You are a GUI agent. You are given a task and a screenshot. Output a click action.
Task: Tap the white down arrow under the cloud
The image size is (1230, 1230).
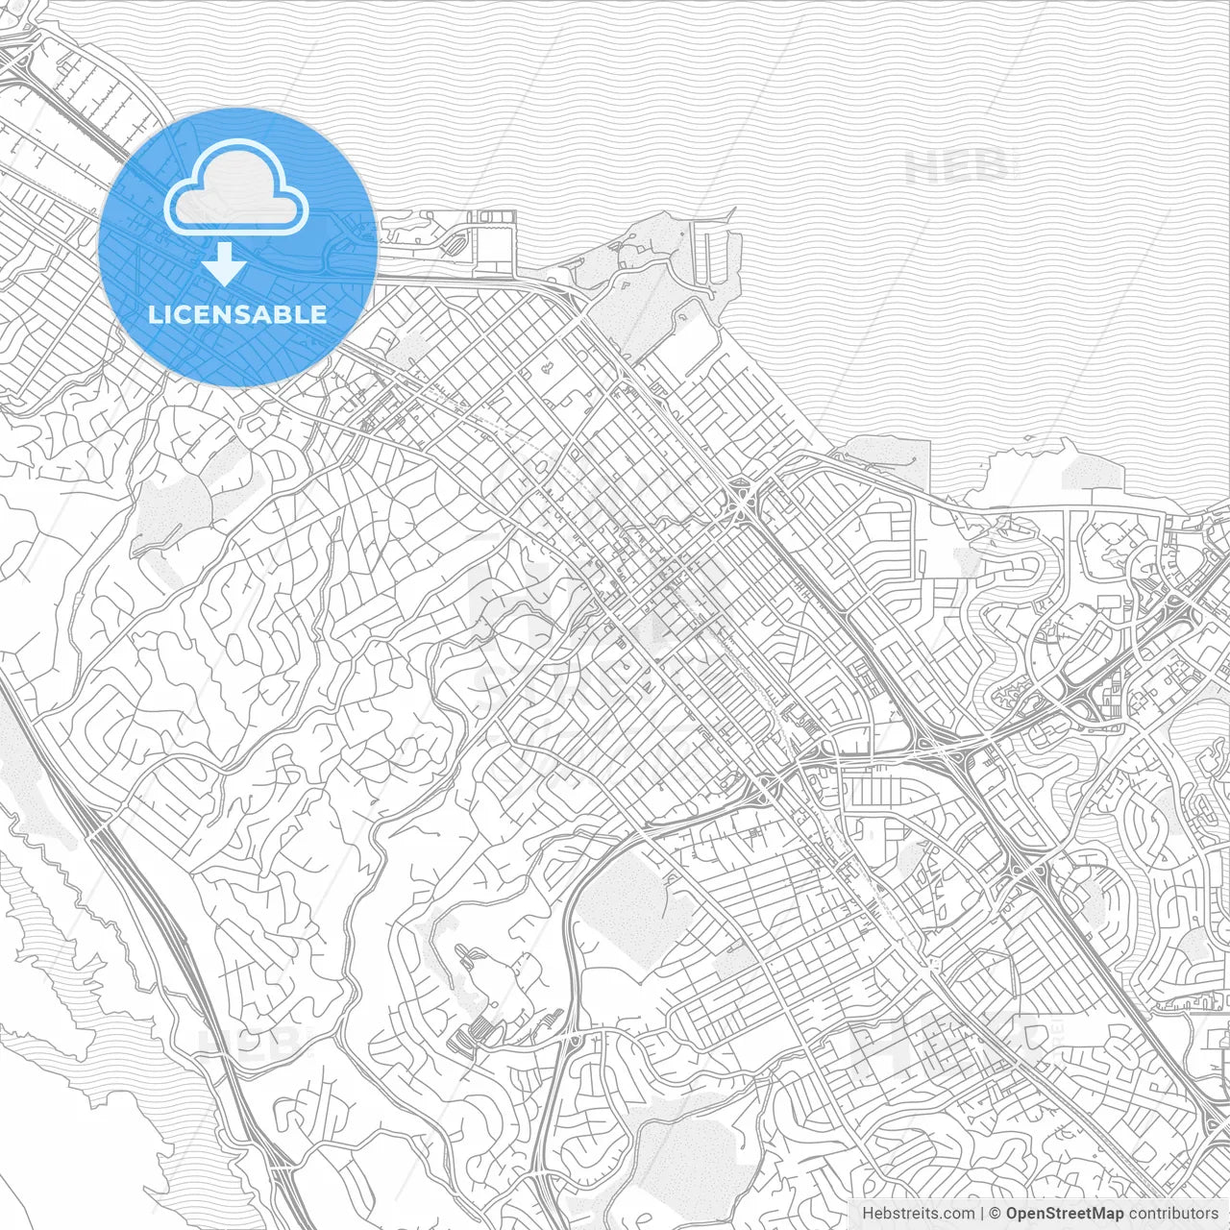point(224,264)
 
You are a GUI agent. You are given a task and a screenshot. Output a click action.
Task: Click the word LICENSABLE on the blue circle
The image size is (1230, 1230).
point(237,314)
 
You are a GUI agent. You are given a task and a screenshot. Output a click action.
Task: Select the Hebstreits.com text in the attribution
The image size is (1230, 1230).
point(917,1213)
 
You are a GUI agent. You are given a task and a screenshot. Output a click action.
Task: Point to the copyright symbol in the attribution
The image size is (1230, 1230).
point(996,1213)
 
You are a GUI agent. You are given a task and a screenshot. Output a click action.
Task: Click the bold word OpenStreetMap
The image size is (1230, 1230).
point(1065,1213)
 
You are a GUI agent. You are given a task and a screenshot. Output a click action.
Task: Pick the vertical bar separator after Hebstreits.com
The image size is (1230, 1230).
point(981,1213)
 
